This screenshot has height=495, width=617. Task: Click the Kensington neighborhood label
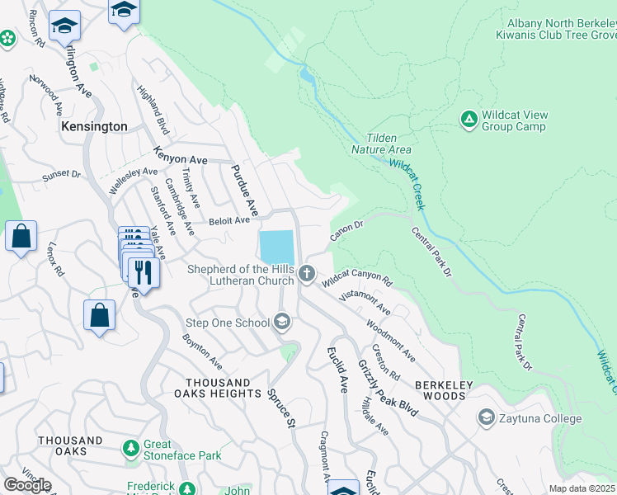point(95,127)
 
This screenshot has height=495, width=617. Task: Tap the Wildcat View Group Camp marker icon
point(469,120)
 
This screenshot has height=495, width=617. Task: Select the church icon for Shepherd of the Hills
point(308,273)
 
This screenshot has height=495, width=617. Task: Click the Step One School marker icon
point(283,322)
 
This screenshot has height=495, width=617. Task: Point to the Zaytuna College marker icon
point(486,418)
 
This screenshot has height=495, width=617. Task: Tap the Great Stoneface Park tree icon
point(130,449)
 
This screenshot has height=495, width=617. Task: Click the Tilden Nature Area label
point(381,144)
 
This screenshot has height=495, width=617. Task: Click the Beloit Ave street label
point(228,220)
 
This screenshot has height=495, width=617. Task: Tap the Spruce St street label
point(280,409)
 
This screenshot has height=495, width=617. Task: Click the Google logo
point(27,485)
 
